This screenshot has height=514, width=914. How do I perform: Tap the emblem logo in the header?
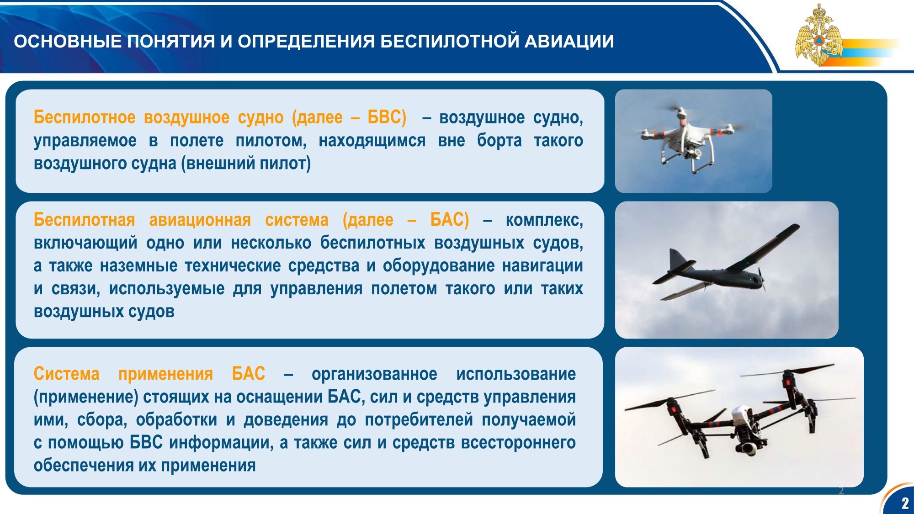point(819,36)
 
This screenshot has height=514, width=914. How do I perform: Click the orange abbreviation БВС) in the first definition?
point(387,117)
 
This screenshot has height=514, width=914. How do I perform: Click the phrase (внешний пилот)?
point(246,163)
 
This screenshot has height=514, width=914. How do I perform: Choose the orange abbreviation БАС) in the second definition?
point(450,220)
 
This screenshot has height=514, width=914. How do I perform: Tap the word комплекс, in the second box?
point(544,220)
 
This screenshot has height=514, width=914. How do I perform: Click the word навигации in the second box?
point(542,265)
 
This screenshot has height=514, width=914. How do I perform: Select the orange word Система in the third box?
point(66,374)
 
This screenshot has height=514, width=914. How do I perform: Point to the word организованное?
point(374,374)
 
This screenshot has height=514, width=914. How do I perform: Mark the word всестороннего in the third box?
point(518,442)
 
